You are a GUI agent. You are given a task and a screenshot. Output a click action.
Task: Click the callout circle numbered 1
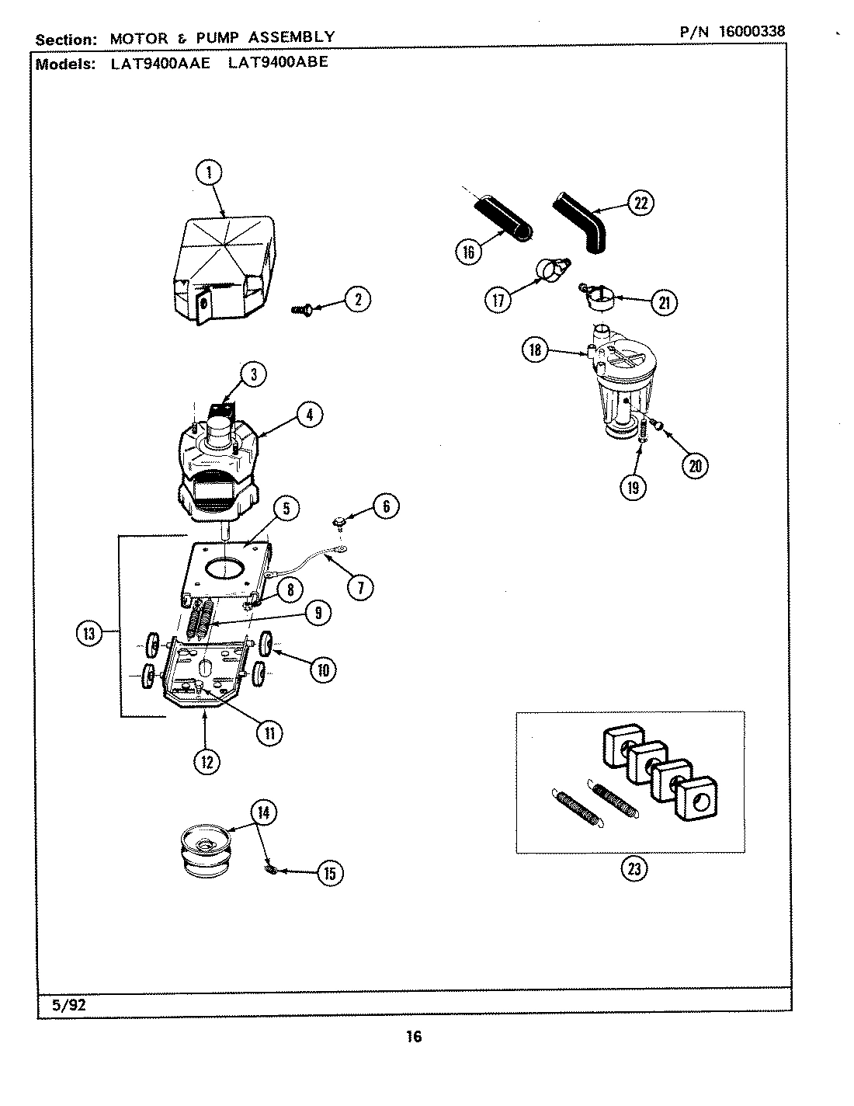[x=209, y=172]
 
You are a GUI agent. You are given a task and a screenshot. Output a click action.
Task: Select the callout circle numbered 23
[x=634, y=868]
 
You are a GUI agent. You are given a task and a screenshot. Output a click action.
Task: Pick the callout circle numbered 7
[x=359, y=587]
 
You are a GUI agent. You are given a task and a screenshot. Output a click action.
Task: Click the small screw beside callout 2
[x=300, y=310]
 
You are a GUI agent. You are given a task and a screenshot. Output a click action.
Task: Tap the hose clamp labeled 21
[x=598, y=297]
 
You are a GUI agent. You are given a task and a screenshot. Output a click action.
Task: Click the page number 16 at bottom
[x=413, y=1036]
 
